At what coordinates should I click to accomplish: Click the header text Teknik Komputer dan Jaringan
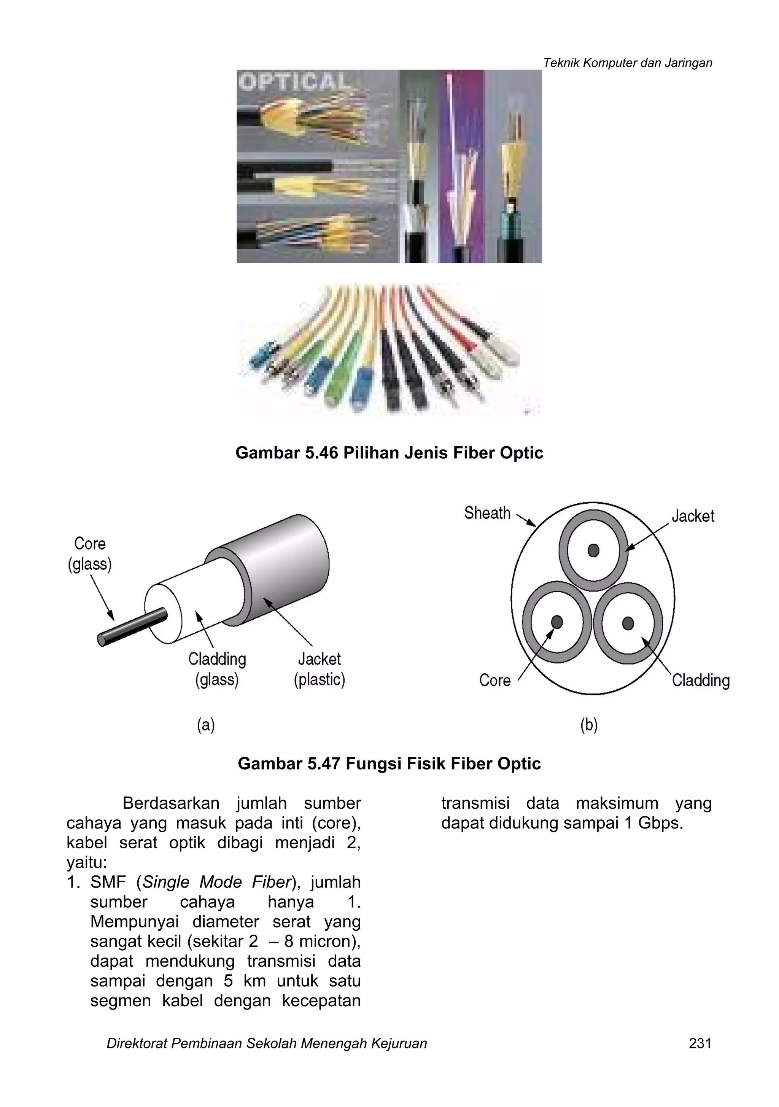point(627,63)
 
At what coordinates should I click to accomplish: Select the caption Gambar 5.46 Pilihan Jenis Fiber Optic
point(389,453)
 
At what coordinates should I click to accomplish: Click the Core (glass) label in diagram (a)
point(90,553)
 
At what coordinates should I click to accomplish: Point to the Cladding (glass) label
point(217,669)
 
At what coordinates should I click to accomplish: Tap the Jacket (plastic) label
point(319,669)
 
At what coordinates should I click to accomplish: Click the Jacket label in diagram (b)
point(693,516)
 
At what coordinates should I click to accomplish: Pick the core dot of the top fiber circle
point(593,550)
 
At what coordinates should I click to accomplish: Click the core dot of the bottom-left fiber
point(557,622)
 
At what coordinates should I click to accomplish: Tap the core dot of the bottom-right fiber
point(628,623)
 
